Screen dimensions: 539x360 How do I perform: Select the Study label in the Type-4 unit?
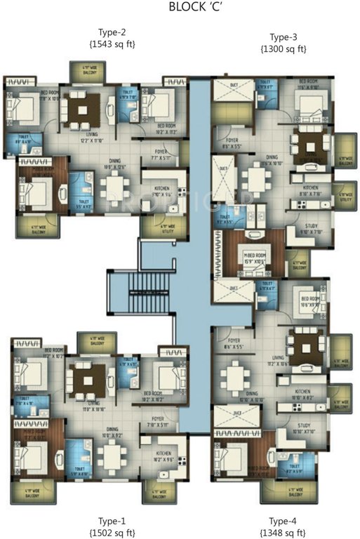tap(304, 424)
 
